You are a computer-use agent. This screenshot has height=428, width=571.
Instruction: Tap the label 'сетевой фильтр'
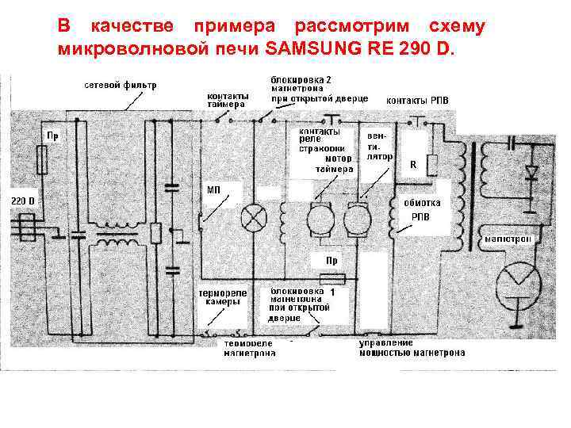(x=121, y=85)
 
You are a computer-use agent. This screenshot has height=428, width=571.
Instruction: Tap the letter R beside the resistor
(x=413, y=166)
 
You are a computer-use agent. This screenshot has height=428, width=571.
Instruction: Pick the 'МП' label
(x=214, y=190)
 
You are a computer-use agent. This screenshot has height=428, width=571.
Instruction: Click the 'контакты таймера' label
(x=228, y=99)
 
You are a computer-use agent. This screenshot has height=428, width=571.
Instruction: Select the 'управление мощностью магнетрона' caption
(x=412, y=348)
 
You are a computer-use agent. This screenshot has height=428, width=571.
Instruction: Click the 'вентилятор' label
(x=380, y=146)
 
